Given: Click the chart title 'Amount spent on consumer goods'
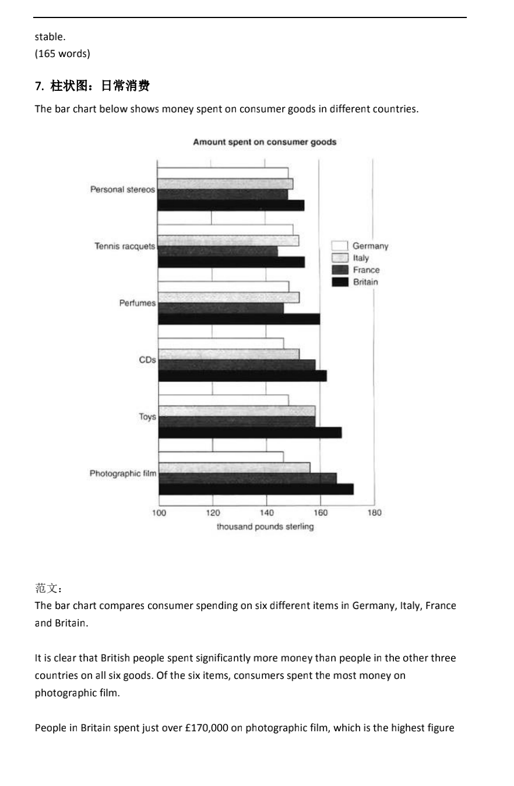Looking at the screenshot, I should [x=265, y=142].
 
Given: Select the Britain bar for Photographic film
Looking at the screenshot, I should [x=256, y=489].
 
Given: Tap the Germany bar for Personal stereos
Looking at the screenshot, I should [x=223, y=173].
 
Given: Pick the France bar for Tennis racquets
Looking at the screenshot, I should [x=218, y=252].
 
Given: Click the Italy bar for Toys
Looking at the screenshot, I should [x=237, y=411].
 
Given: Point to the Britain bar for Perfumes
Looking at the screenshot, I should [x=239, y=319].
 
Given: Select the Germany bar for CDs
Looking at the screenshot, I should [x=221, y=344].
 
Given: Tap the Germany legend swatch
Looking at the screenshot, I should [x=340, y=246].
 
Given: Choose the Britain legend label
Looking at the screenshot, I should [x=365, y=282].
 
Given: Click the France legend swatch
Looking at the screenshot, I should [x=340, y=270].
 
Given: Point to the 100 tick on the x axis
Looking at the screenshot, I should [x=159, y=513].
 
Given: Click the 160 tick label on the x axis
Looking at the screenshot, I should [x=321, y=513].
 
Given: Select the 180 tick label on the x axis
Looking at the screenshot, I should [x=375, y=513].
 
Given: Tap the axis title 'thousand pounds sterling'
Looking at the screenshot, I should [x=265, y=527].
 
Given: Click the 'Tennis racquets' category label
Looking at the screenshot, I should [x=125, y=246].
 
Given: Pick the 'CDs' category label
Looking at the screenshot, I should [x=147, y=360].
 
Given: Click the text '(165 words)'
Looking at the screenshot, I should [x=62, y=54].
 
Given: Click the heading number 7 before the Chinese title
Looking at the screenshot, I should [x=39, y=86].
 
